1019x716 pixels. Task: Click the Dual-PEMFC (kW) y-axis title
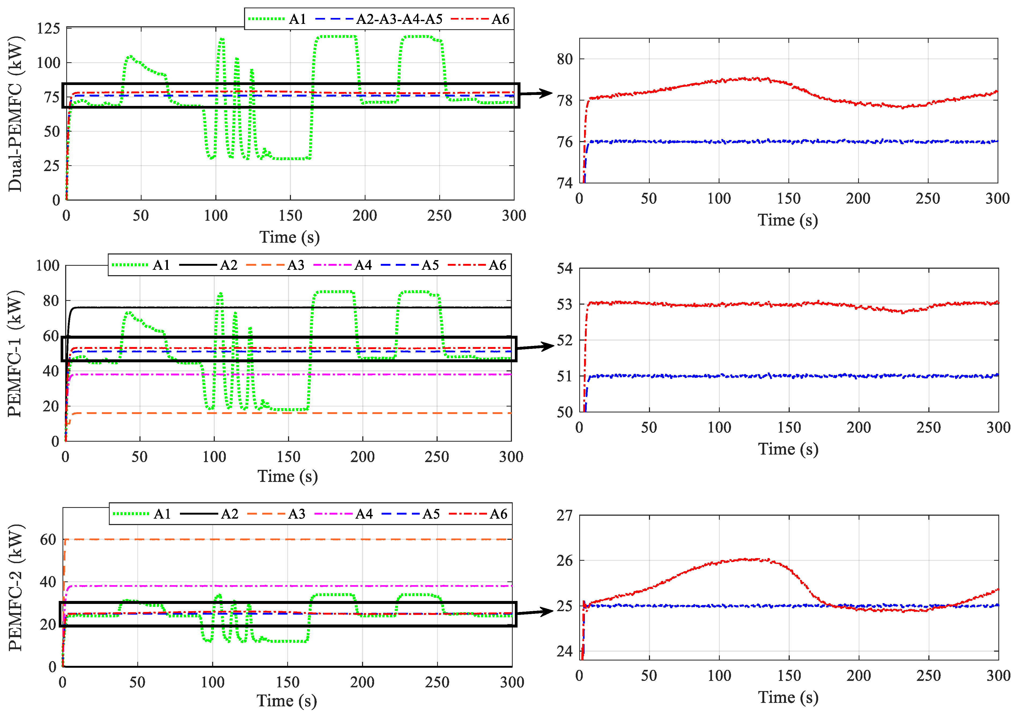(x=16, y=114)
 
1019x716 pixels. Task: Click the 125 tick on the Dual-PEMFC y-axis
(x=48, y=28)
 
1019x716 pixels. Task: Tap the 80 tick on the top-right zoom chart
(x=564, y=59)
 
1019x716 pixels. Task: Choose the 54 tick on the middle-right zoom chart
(x=564, y=268)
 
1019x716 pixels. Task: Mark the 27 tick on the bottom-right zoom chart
(x=564, y=515)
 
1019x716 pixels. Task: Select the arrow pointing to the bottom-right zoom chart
(x=536, y=612)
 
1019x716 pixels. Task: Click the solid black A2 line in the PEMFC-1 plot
(x=289, y=307)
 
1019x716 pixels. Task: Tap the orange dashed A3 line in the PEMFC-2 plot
(x=289, y=539)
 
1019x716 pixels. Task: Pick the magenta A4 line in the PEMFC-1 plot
(x=289, y=374)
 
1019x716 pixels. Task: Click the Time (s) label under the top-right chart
(x=788, y=220)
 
